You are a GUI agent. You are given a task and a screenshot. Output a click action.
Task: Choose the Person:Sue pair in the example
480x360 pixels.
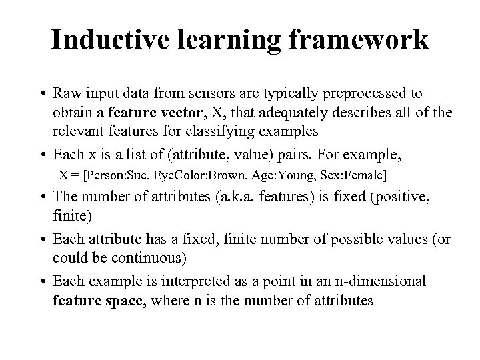107,177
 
